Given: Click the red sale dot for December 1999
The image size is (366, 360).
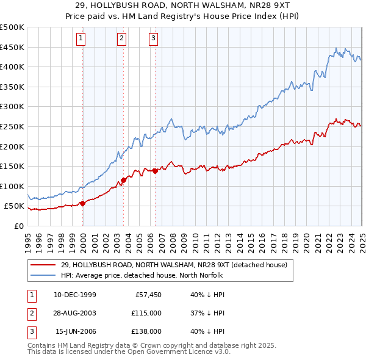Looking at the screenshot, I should tap(82, 203).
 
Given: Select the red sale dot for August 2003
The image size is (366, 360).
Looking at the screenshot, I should tap(123, 180).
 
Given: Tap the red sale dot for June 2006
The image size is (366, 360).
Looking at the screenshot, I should tap(155, 171).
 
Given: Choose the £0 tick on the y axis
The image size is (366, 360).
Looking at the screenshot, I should tap(18, 226).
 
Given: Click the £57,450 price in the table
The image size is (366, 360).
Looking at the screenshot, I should tap(147, 295).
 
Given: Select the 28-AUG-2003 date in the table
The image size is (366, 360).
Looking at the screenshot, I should tap(75, 313).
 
